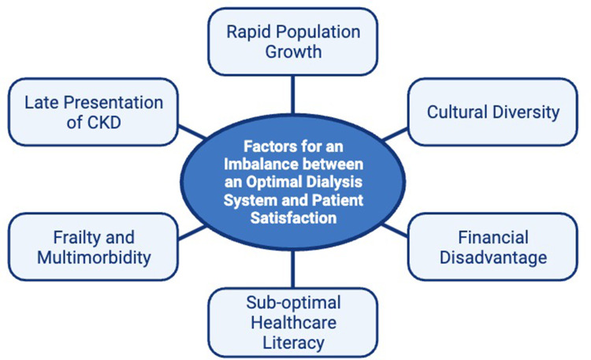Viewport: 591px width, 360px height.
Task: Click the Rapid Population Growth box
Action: click(x=292, y=43)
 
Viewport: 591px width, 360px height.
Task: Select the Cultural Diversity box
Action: click(x=493, y=111)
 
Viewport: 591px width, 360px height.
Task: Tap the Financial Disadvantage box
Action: click(x=493, y=247)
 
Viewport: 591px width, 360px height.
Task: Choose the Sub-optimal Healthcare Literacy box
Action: click(x=292, y=323)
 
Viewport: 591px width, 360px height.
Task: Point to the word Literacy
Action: click(x=292, y=343)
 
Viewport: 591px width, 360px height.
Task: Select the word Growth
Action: click(x=292, y=53)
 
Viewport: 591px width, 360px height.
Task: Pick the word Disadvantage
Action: click(x=493, y=257)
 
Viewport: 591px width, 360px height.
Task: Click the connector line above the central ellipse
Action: click(x=292, y=95)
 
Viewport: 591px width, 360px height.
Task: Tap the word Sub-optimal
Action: click(x=292, y=303)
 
